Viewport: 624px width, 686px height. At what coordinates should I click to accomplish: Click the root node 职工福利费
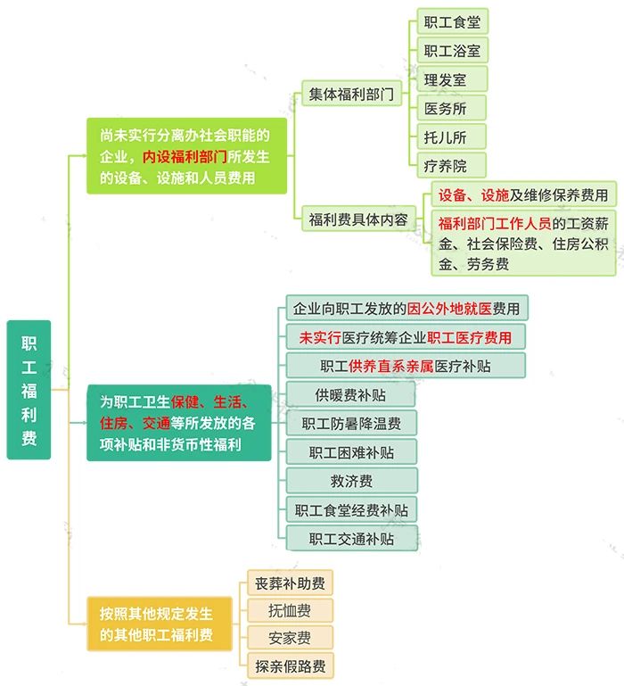click(x=29, y=389)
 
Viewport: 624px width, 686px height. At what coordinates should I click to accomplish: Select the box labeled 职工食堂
click(x=452, y=21)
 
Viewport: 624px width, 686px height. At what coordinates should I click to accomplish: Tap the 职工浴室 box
click(x=452, y=50)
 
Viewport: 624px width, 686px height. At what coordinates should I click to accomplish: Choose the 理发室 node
click(x=452, y=79)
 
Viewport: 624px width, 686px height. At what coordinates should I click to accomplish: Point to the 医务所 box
click(x=451, y=108)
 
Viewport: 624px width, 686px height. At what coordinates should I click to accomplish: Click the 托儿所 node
click(x=451, y=137)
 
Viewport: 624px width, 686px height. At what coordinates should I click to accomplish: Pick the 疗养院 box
click(x=451, y=165)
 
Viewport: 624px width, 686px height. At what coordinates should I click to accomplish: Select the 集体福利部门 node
click(x=351, y=93)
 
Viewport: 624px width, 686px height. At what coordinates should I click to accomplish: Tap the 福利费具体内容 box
click(x=358, y=219)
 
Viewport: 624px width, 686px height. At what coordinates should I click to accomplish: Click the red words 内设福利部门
click(x=185, y=156)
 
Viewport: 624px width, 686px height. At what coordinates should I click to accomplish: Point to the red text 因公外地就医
click(x=449, y=309)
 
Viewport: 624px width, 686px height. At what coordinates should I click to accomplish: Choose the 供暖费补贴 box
click(x=350, y=394)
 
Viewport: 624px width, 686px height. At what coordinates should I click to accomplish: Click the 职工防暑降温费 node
click(x=351, y=423)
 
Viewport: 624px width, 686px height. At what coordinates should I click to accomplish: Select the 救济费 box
click(x=351, y=481)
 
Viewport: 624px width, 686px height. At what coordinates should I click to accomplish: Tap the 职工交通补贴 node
click(x=351, y=538)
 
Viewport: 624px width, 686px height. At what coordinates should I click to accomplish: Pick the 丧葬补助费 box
click(x=290, y=583)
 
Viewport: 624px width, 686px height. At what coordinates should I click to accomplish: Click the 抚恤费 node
click(x=290, y=610)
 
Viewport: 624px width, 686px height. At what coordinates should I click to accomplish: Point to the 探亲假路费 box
click(x=291, y=665)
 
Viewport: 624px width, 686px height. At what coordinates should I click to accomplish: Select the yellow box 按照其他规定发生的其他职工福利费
click(x=160, y=624)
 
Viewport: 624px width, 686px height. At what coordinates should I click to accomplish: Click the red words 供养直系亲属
click(x=391, y=366)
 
